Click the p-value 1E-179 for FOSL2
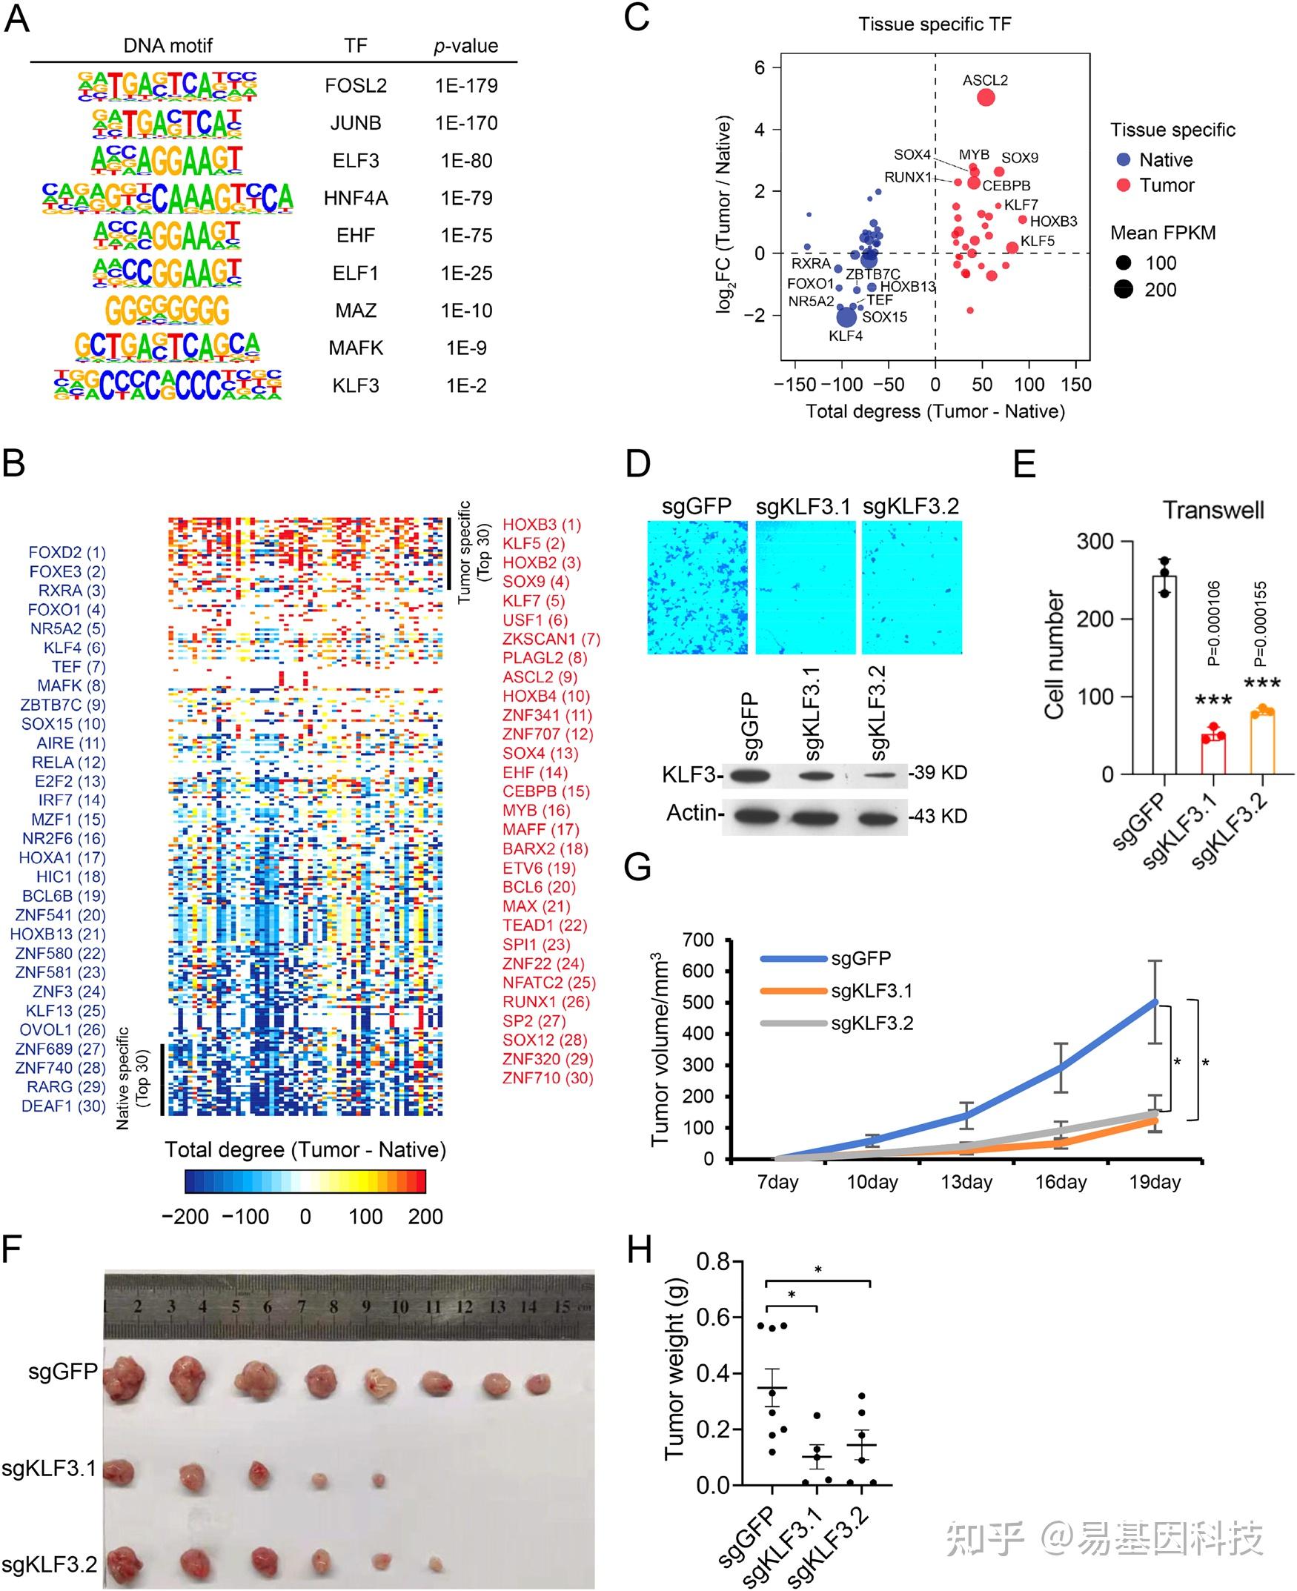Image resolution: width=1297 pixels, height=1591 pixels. pos(466,86)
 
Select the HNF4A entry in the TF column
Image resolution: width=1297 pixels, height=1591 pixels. pos(356,199)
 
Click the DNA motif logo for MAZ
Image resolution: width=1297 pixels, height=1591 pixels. pos(167,310)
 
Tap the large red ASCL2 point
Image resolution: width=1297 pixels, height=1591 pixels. pos(986,98)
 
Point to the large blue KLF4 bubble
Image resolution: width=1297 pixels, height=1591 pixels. pos(846,316)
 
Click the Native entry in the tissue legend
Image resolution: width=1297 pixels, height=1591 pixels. pos(1165,160)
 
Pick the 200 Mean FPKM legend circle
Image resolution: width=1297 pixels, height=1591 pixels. pos(1124,290)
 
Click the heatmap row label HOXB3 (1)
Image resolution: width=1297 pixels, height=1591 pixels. pos(541,525)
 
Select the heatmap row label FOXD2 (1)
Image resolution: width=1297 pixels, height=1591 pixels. pos(67,553)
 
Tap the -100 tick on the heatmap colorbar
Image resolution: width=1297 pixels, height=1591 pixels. pos(247,1217)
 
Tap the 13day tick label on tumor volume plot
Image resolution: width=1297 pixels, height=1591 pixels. pos(966,1183)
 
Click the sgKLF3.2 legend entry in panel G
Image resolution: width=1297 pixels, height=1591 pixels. pos(871,1023)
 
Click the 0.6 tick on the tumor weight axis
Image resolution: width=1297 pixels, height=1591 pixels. pos(713,1317)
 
